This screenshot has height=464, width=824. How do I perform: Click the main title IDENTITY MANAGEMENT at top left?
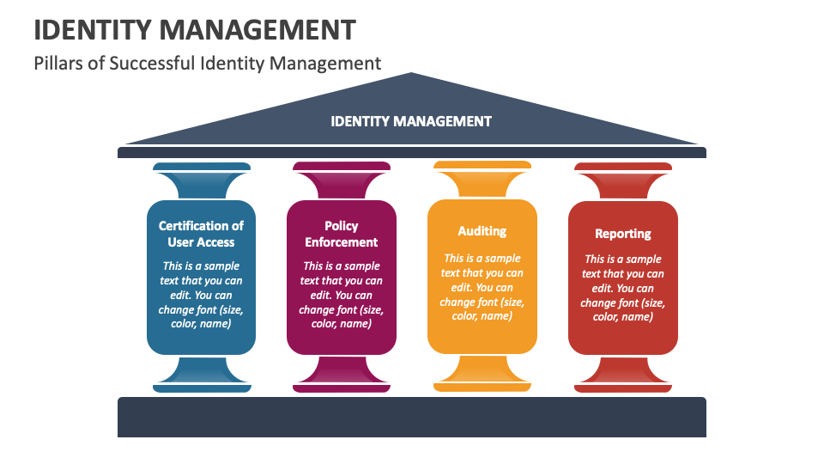(x=194, y=29)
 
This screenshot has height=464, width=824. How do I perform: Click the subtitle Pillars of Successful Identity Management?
(x=207, y=63)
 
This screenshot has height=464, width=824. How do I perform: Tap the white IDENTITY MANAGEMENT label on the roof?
(x=411, y=121)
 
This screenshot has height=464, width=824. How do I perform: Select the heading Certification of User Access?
(x=201, y=234)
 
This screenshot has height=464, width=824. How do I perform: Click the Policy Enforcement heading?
(x=342, y=234)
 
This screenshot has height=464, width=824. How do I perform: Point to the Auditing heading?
(x=482, y=230)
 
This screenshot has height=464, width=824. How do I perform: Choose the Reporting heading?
(x=623, y=233)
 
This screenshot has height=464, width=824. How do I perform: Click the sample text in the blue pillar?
(x=201, y=295)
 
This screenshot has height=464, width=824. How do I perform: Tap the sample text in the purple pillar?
(x=342, y=295)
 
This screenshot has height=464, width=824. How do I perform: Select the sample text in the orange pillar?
(x=482, y=287)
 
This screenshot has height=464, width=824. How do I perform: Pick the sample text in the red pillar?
(x=623, y=287)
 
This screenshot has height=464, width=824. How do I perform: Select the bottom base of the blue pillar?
(x=202, y=387)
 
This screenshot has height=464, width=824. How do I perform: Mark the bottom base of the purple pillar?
(x=342, y=387)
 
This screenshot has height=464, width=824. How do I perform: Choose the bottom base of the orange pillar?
(x=482, y=387)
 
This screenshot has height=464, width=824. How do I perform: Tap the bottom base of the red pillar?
(x=623, y=387)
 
